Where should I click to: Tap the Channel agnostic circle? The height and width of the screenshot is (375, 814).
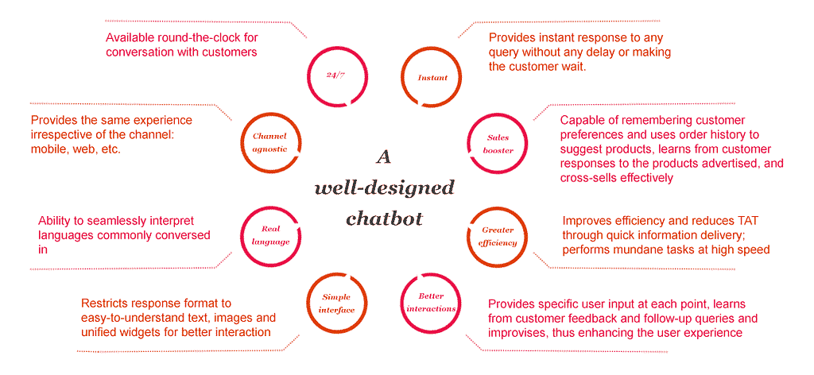(242, 143)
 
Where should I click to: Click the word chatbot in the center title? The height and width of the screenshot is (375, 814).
(384, 218)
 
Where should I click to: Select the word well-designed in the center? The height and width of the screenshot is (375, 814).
(384, 187)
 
